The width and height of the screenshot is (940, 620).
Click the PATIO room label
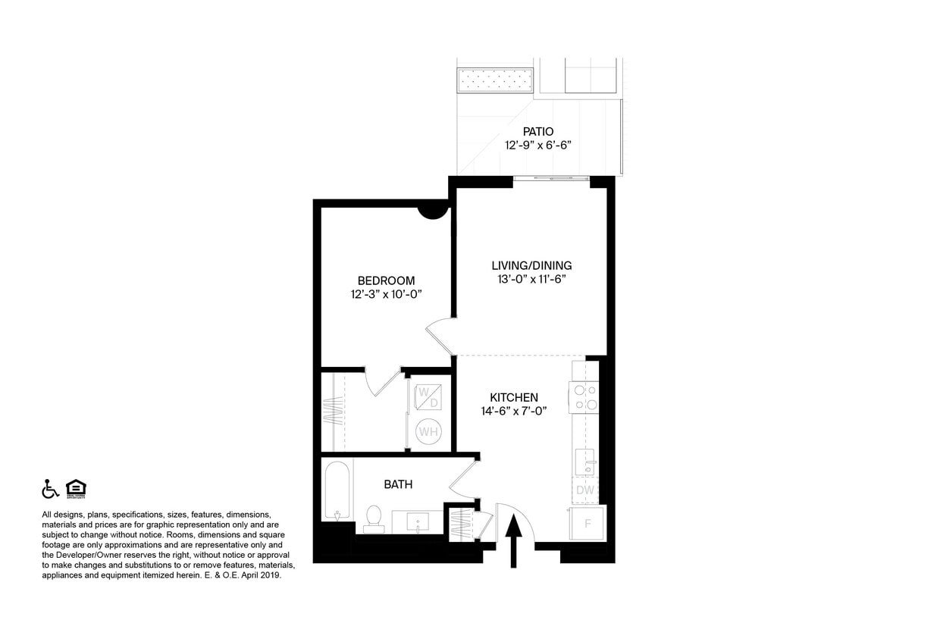pos(538,131)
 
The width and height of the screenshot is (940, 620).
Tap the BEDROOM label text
pos(386,280)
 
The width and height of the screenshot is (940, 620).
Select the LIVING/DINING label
pos(531,265)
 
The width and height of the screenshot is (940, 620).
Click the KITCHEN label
pos(514,397)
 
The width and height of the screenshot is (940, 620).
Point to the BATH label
pos(398,484)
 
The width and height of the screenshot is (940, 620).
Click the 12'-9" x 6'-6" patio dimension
pos(538,145)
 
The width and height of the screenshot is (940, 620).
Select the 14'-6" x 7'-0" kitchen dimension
pos(514,411)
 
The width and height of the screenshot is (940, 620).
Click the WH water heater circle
pos(429,432)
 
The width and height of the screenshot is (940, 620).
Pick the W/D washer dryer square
pos(428,397)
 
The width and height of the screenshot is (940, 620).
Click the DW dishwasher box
pos(584,490)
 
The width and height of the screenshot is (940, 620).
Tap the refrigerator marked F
pos(587,522)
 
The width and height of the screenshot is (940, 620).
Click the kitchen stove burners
pos(584,398)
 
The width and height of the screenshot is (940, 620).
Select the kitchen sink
pos(584,460)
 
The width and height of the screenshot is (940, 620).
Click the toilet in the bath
pos(373,517)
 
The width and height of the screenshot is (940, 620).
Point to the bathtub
pos(337,491)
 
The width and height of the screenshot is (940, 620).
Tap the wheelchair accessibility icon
pos(50,490)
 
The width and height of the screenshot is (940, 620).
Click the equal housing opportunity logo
pos(76,489)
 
